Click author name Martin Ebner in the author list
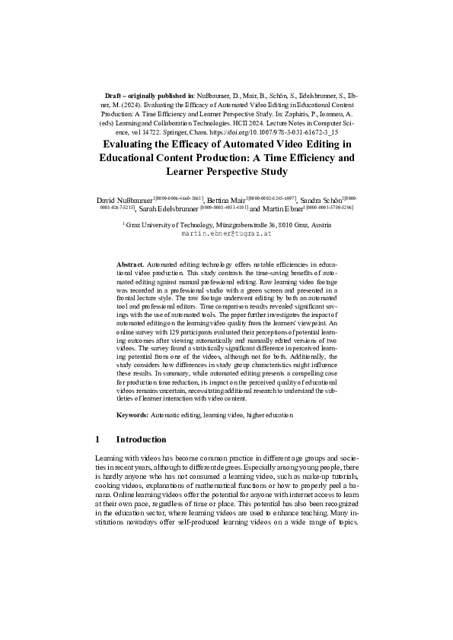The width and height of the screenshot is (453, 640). [x=282, y=208]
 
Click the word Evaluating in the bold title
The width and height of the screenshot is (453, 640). [x=130, y=145]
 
